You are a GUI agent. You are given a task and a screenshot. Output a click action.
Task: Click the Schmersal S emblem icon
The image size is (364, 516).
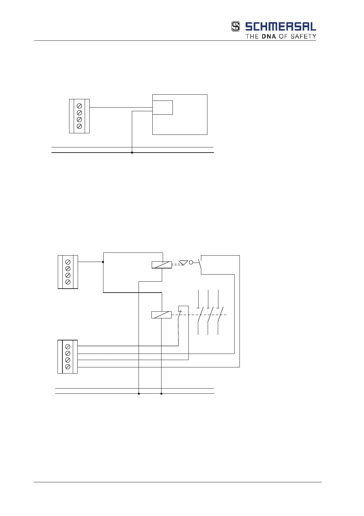point(235,27)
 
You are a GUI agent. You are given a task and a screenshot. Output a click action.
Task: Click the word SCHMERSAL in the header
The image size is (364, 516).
point(280,27)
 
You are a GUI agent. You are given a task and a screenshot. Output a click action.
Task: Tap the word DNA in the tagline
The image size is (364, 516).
point(269,36)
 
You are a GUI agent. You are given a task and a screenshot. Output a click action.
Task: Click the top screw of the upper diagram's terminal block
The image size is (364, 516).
point(79,106)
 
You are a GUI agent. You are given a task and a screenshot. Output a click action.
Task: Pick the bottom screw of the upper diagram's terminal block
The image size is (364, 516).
point(79,126)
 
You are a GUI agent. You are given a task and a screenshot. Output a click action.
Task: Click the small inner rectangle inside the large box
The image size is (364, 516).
point(162,108)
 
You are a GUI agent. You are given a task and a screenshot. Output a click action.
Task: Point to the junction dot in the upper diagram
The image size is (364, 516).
point(132,153)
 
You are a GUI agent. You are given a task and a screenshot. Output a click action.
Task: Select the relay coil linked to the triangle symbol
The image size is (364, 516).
point(162,265)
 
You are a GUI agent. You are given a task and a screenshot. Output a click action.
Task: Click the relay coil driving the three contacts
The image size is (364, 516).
point(161,315)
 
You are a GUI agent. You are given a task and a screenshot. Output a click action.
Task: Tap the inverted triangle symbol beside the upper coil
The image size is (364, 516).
point(183,263)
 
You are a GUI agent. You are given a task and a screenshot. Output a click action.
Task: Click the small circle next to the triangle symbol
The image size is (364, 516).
point(191,262)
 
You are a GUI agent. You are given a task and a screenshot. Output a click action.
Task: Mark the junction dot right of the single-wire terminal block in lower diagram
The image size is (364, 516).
point(103,262)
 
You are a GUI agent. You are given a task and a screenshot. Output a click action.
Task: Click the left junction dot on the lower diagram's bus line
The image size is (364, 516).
point(139,394)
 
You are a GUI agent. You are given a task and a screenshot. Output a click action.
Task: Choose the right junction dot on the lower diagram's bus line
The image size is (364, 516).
point(161,394)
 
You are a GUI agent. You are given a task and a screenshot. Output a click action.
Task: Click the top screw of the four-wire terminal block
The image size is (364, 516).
point(68,347)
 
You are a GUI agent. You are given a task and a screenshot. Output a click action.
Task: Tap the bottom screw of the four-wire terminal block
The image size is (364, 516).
point(68,367)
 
